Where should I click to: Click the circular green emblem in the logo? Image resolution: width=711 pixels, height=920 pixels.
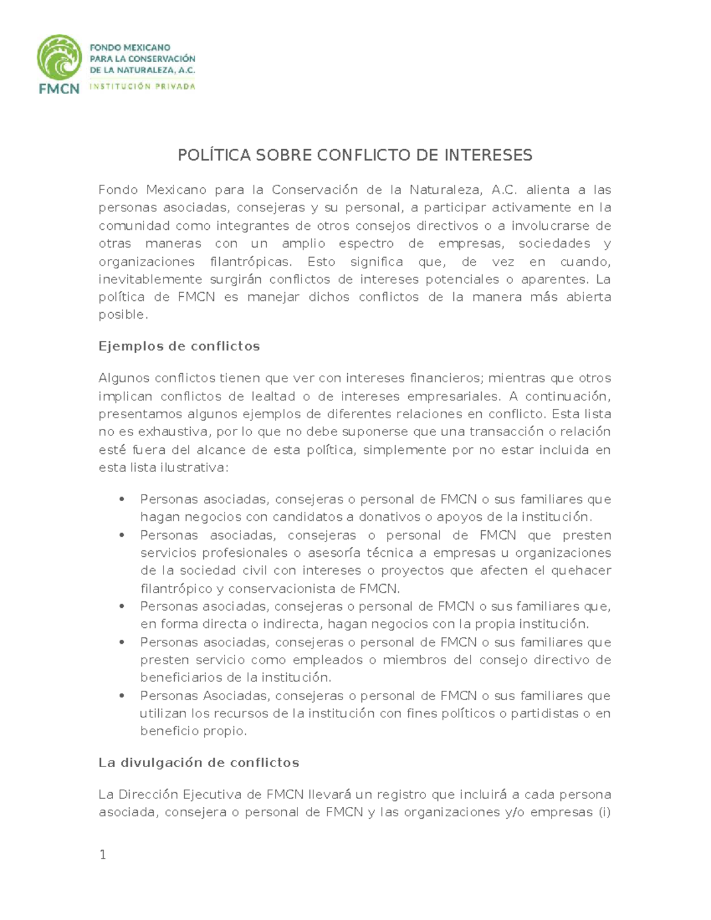click(59, 57)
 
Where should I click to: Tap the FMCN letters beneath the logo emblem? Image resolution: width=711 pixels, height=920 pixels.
click(59, 89)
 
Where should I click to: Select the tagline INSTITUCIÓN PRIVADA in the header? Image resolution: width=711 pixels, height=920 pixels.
click(142, 86)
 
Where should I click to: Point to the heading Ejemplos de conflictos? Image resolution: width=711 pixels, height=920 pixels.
click(179, 347)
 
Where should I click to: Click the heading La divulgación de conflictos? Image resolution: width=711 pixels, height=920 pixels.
click(198, 763)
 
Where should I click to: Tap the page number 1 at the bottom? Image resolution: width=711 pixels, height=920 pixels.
click(103, 854)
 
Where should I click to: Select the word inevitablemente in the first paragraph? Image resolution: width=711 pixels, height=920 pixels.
click(150, 280)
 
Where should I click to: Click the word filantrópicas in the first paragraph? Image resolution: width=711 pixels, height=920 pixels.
click(251, 262)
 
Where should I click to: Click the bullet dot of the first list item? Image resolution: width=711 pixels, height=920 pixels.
click(122, 499)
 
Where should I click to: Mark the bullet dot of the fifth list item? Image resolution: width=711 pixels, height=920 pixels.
click(122, 695)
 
